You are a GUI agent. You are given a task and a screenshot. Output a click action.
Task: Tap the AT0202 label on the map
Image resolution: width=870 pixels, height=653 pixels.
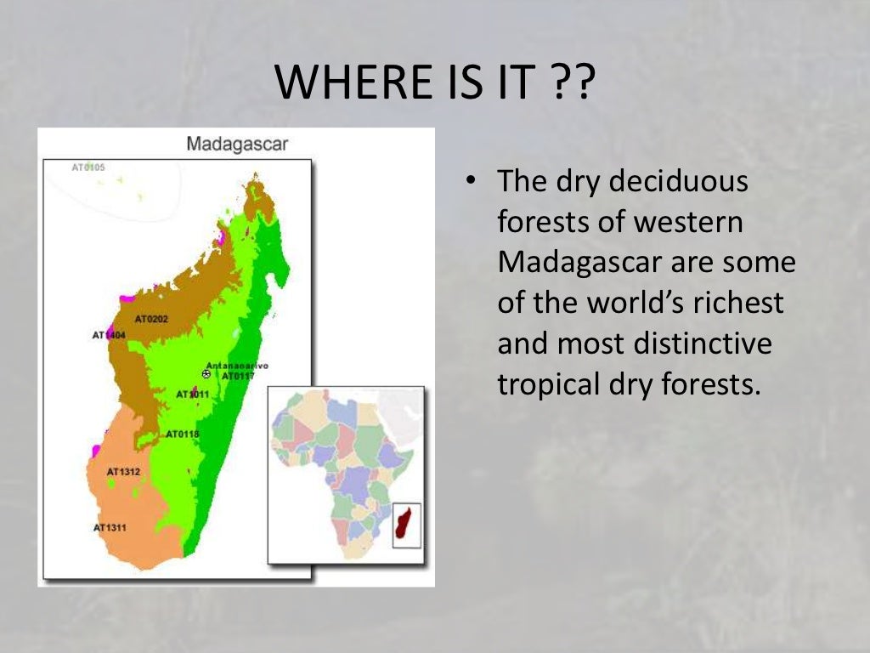(x=151, y=319)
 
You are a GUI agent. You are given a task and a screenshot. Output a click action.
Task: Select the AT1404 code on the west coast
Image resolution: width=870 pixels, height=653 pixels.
(x=108, y=335)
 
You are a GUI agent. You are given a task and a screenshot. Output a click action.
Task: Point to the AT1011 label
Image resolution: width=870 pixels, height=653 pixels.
(x=192, y=395)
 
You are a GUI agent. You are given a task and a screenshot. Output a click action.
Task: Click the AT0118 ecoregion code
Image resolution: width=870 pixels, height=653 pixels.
(x=182, y=434)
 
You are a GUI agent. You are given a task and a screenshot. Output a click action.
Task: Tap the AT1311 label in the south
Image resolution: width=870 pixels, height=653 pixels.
(x=110, y=528)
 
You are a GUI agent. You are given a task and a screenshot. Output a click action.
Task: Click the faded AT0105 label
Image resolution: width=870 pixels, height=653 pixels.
(x=88, y=168)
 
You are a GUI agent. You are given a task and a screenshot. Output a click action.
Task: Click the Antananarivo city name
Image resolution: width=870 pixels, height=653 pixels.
(x=237, y=366)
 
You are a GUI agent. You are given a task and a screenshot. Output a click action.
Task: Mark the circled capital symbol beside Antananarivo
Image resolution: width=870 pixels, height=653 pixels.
(x=206, y=373)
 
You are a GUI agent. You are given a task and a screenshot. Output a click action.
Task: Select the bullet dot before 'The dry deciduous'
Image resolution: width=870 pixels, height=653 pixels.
(x=469, y=182)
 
